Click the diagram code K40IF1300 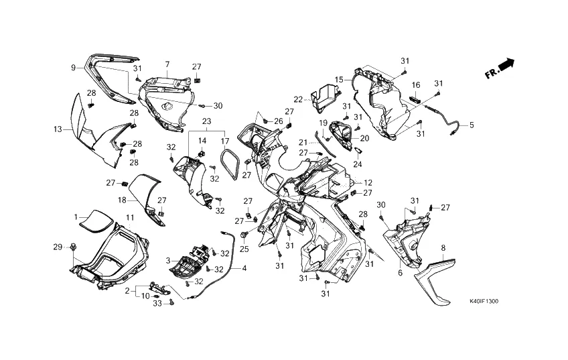coord(484,302)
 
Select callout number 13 coord(58,128)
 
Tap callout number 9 coord(73,68)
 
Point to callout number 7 coord(167,64)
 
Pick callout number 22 coord(298,100)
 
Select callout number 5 coord(471,125)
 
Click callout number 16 coord(416,85)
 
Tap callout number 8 coord(443,248)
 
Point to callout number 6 coord(400,273)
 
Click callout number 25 coord(244,249)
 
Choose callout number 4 coord(244,269)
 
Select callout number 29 coord(58,247)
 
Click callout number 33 coord(157,304)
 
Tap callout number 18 coord(123,200)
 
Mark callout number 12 coord(368,182)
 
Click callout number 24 coord(358,164)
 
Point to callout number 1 coord(76,217)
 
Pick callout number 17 coord(225,141)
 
